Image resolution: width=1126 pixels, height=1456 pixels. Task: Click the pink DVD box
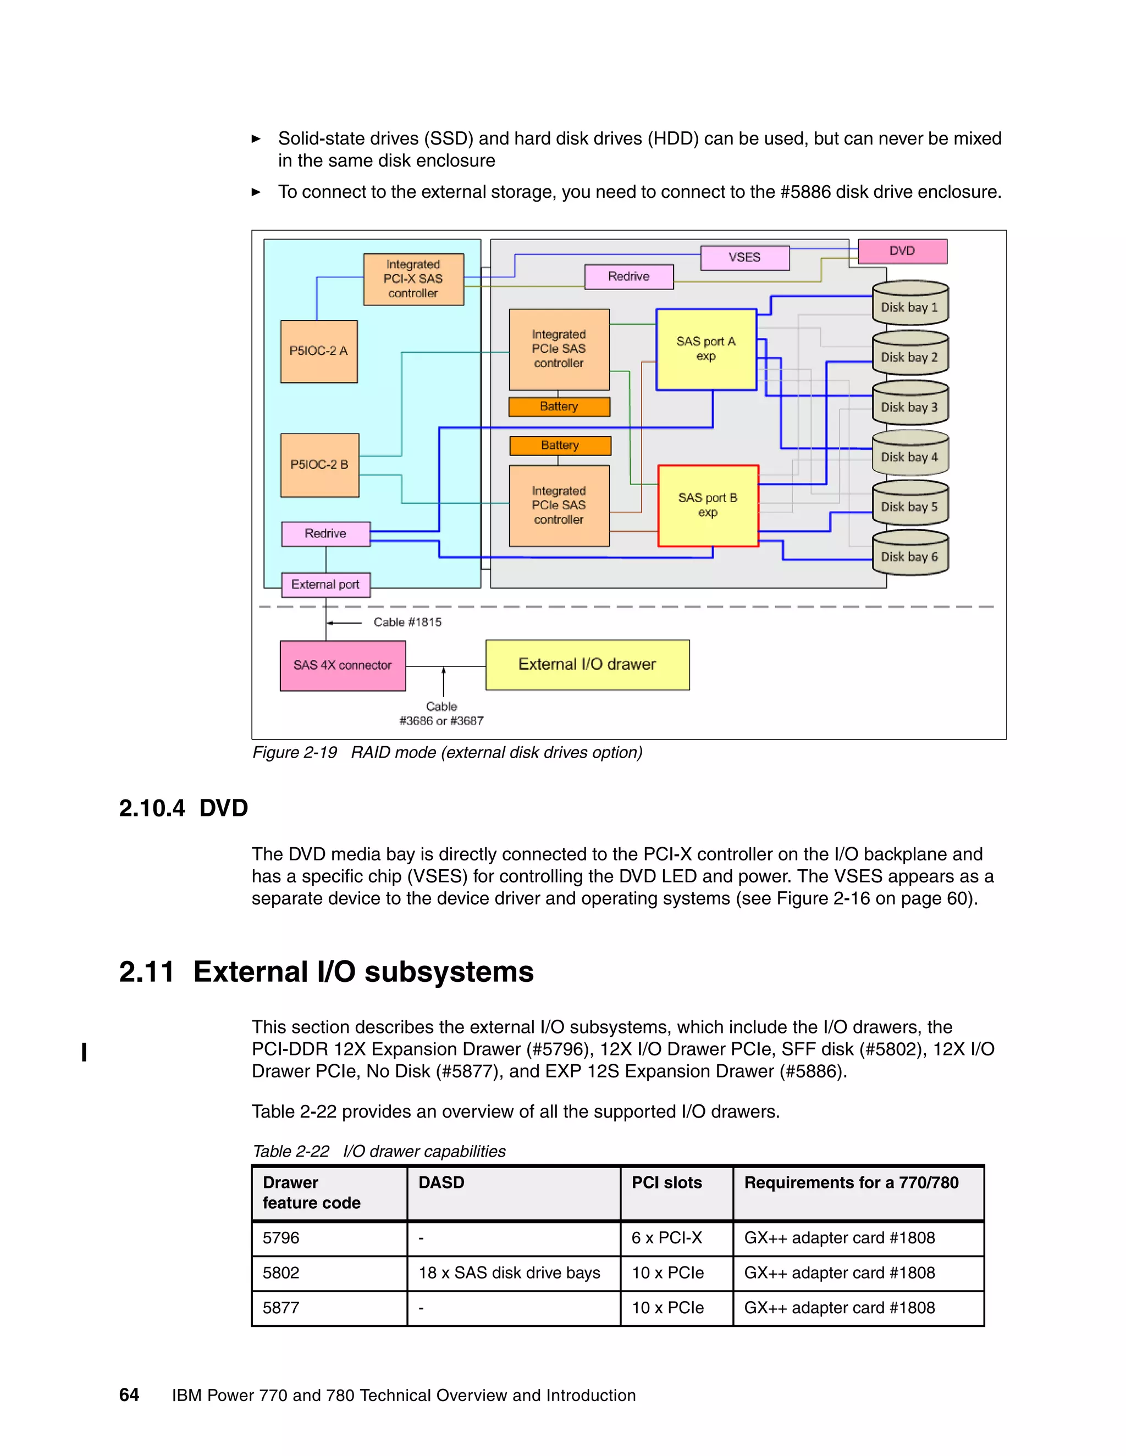point(902,251)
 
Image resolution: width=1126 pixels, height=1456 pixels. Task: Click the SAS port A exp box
point(706,349)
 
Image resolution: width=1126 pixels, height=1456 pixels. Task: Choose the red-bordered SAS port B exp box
point(708,505)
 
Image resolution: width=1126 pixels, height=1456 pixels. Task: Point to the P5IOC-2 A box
point(319,351)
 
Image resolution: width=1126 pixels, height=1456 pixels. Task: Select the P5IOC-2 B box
point(319,465)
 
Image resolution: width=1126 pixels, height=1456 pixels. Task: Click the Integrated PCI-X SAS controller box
point(413,279)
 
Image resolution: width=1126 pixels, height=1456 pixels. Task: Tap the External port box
point(325,585)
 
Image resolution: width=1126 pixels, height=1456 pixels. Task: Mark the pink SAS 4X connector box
point(342,665)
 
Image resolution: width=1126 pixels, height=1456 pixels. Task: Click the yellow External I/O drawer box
point(587,665)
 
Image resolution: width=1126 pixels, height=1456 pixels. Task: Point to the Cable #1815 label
point(407,622)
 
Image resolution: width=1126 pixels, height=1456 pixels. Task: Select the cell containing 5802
point(281,1272)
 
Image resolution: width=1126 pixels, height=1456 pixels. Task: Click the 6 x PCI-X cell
point(666,1238)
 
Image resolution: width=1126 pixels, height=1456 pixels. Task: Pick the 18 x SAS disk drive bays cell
point(509,1272)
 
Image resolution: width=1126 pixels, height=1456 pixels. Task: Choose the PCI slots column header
point(666,1183)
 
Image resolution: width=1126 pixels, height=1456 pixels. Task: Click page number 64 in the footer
point(129,1394)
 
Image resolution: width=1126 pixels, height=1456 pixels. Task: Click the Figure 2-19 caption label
point(294,753)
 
